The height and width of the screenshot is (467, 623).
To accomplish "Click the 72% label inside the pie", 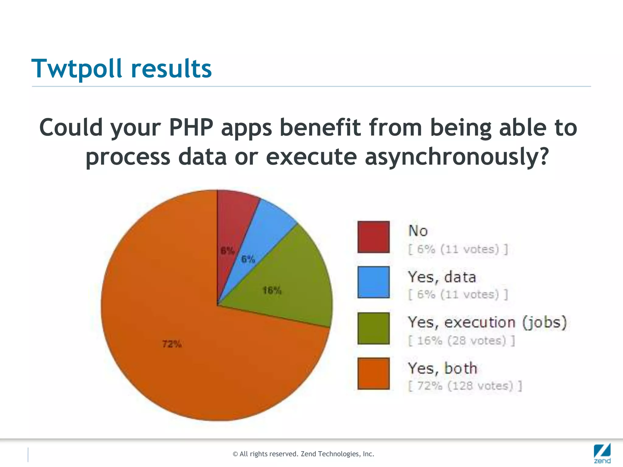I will [172, 344].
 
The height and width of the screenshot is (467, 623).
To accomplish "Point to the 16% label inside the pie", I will [272, 291].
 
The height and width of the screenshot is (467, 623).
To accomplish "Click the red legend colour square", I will [373, 237].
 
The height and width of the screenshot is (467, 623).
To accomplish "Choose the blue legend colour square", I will [373, 282].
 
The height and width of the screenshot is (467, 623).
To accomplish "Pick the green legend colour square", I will [373, 328].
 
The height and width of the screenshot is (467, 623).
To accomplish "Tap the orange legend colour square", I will [373, 373].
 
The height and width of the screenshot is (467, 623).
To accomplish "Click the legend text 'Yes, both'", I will [442, 368].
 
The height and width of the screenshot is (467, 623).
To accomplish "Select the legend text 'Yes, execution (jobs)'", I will [487, 323].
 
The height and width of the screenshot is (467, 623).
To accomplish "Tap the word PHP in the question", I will [191, 127].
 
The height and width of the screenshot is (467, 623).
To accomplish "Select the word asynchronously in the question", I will [456, 157].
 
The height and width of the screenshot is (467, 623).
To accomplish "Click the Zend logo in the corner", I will [602, 453].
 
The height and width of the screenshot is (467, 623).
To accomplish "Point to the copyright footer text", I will [303, 454].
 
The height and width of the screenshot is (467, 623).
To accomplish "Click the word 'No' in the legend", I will [418, 231].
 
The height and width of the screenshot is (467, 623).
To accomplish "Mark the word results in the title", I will [171, 69].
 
